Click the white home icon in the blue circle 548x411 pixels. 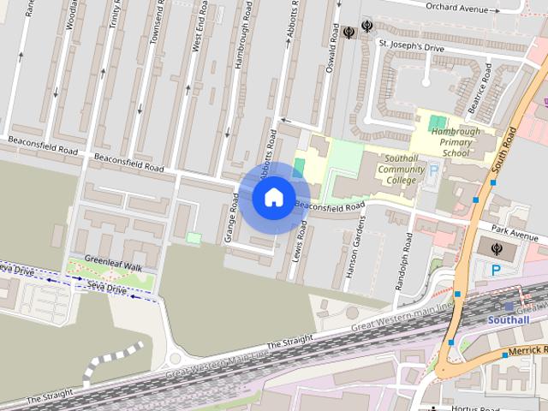coord(273,198)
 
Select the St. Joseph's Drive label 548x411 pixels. coord(412,48)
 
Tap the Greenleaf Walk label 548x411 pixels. coord(108,266)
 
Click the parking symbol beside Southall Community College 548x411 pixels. coord(432,170)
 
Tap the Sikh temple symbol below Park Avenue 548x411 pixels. coord(497,249)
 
